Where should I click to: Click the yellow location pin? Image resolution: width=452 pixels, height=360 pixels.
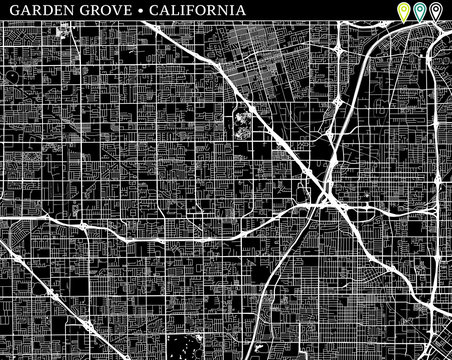point(404,11)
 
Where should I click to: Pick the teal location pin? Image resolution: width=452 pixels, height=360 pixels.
point(419,11)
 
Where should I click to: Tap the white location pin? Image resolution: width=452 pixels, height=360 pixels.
point(434,11)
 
